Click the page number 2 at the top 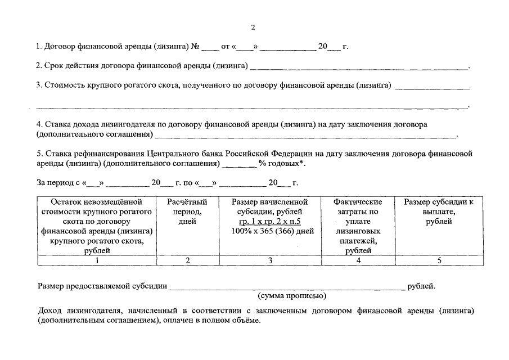point(253,26)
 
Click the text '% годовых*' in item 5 point(282,164)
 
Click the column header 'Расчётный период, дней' point(187,211)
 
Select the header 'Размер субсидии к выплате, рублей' point(439,211)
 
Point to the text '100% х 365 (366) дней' point(270,231)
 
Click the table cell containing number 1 point(97,260)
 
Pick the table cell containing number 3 point(270,260)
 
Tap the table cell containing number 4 point(358,260)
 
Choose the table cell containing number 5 point(439,260)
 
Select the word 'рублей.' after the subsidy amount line point(421,286)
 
